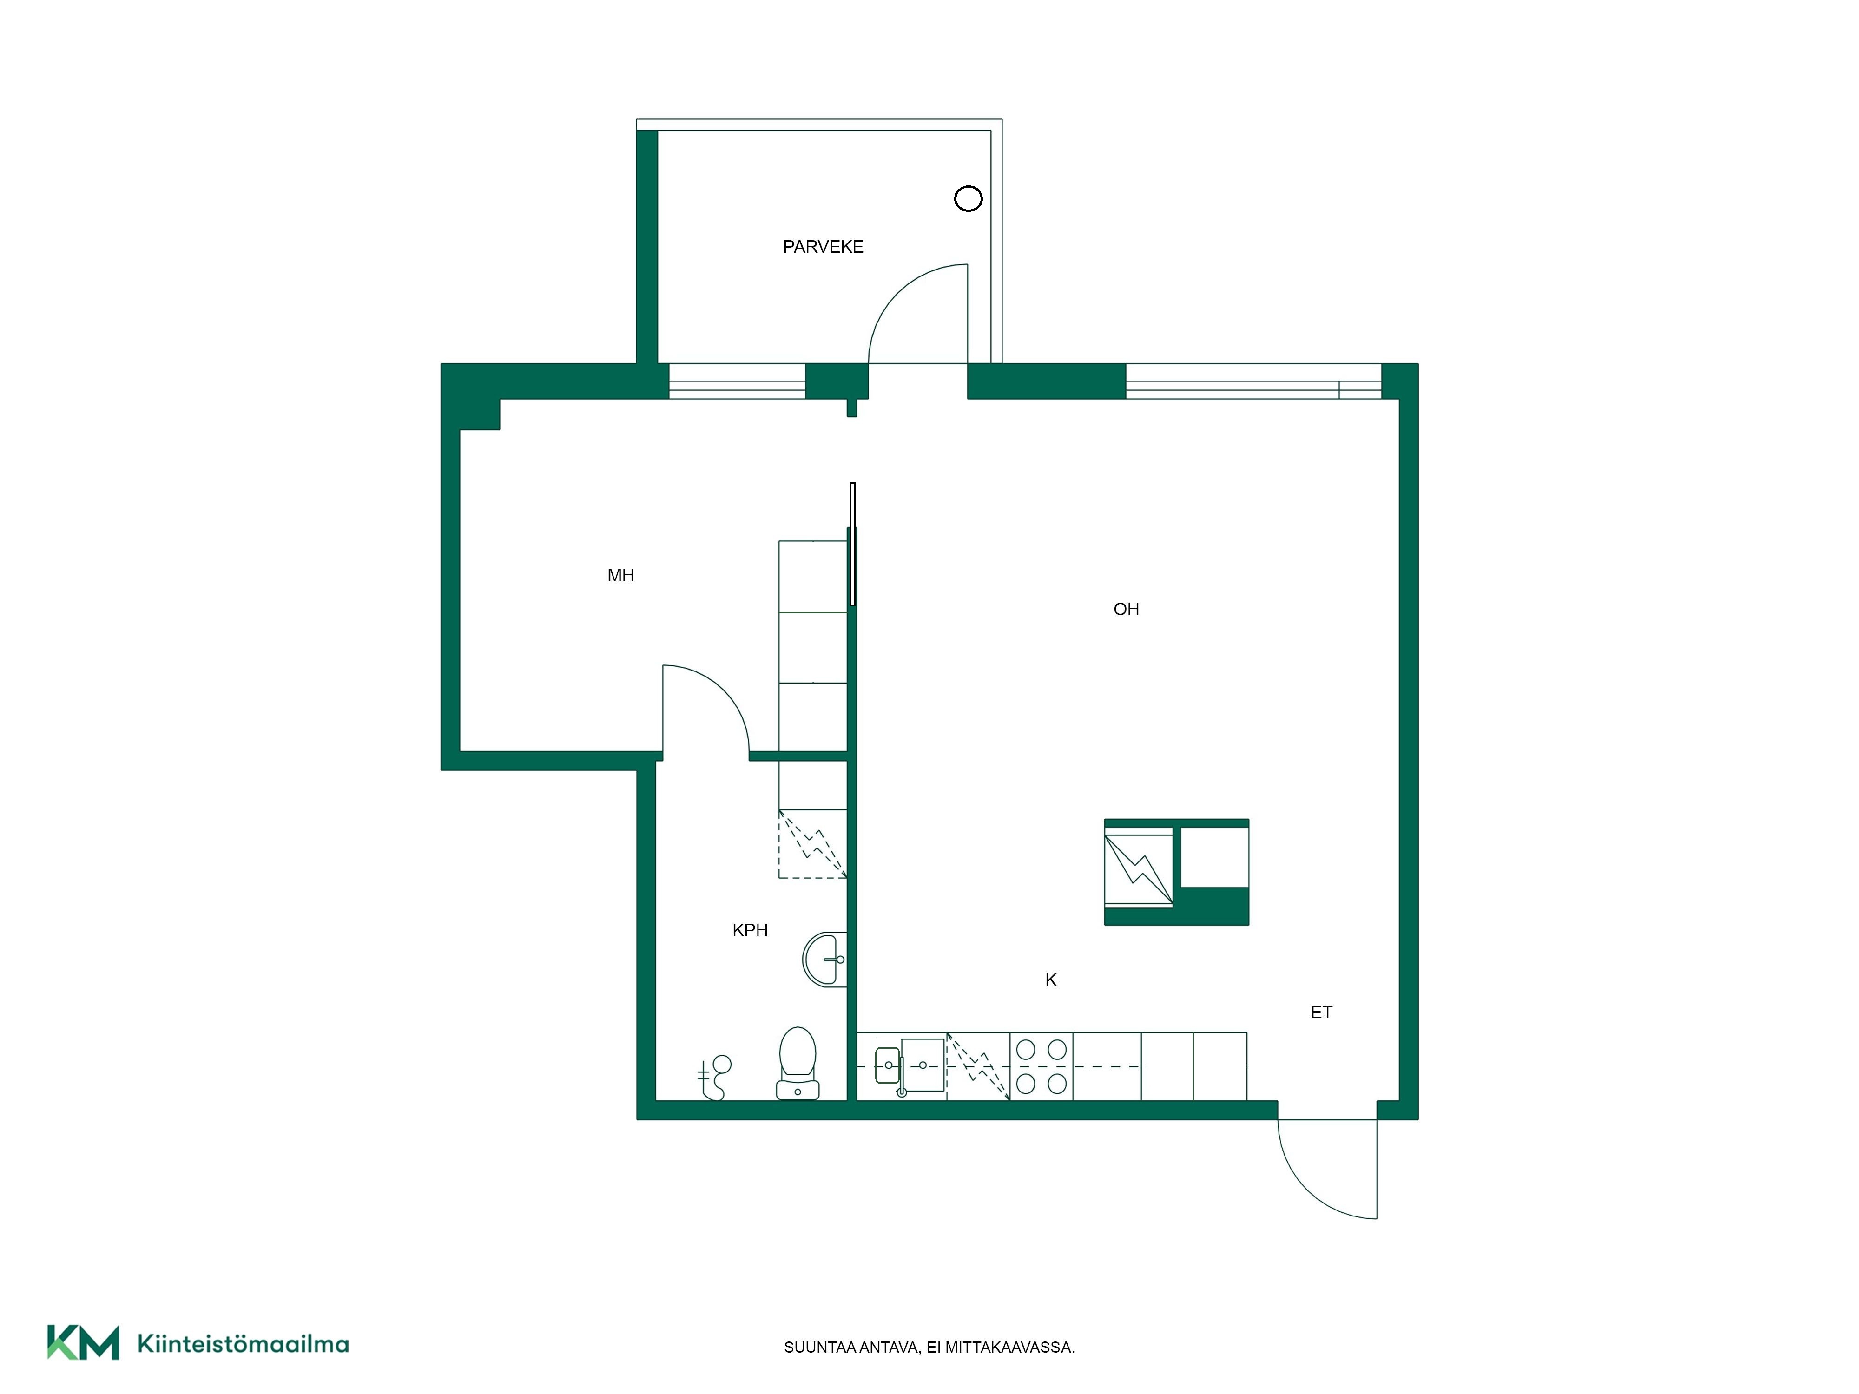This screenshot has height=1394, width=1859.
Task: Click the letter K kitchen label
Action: click(x=1050, y=980)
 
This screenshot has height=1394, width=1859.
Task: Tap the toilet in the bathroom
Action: click(x=798, y=1063)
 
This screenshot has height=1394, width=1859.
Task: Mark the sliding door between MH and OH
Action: click(x=852, y=544)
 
